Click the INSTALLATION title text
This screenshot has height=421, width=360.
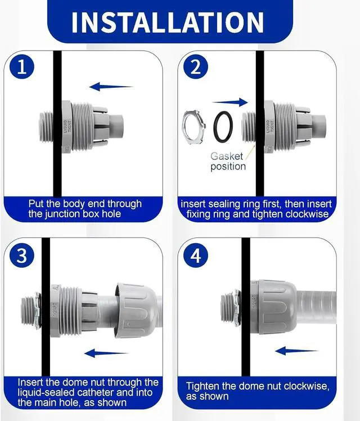168,23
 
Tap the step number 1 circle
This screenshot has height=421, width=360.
22,66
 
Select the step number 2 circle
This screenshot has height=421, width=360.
196,66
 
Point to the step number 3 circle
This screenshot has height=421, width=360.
22,255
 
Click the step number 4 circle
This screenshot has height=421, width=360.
196,255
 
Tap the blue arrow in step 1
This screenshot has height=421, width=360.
111,87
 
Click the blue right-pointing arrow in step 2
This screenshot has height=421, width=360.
230,102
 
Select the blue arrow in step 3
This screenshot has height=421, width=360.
106,353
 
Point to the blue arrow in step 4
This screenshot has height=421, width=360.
297,351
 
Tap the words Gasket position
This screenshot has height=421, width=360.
228,161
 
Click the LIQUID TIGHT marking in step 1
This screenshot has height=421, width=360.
67,127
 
